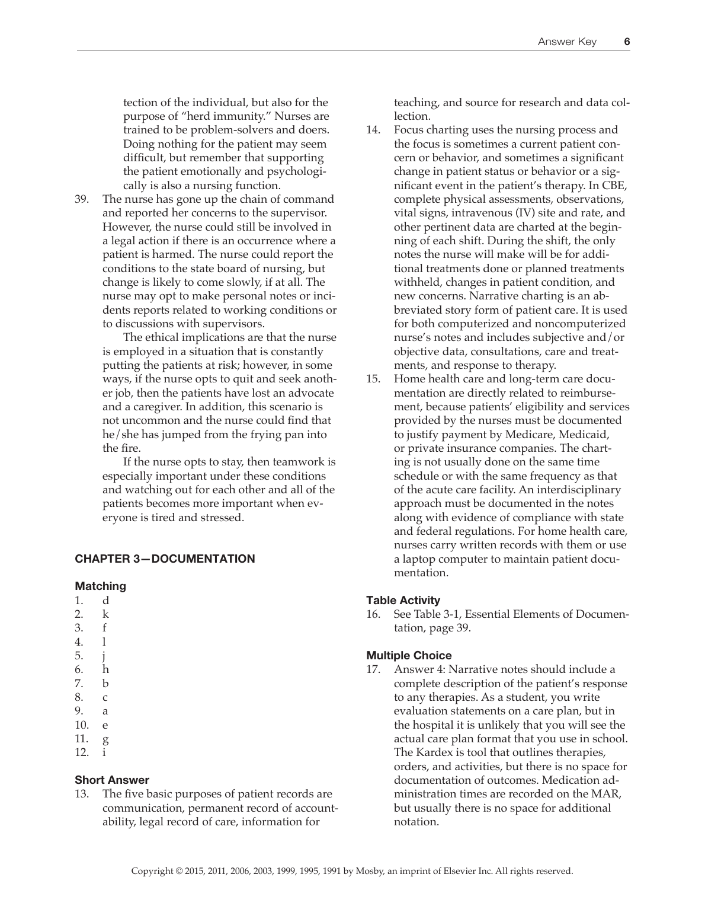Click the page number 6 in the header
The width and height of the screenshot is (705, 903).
click(x=627, y=42)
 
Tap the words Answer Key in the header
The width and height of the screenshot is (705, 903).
click(x=567, y=42)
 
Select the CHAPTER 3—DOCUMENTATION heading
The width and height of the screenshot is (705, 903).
click(x=165, y=559)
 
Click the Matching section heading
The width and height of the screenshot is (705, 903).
click(x=100, y=586)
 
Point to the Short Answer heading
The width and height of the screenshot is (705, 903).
click(x=112, y=780)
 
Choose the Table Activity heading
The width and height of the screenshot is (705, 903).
click(x=403, y=600)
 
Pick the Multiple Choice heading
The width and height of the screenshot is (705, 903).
click(x=409, y=655)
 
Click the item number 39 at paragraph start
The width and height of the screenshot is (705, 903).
click(x=81, y=199)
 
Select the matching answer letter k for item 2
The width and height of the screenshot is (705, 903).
click(x=105, y=614)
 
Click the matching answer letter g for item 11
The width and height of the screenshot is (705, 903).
click(x=105, y=739)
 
